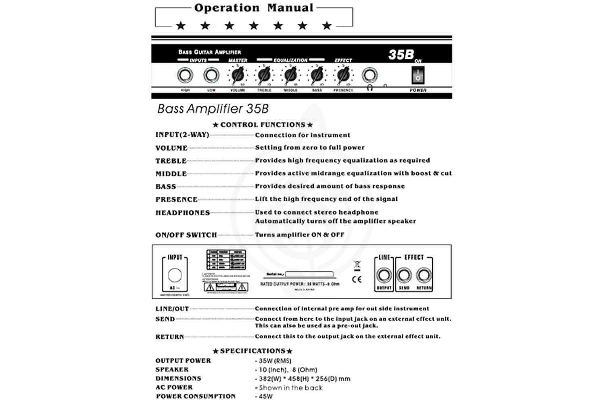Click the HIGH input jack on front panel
185,75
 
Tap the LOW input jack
211,75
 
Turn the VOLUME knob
238,75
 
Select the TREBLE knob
264,75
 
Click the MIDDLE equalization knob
290,75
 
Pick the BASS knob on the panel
317,75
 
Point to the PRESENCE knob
343,75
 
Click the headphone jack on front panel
369,75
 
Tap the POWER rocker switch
418,75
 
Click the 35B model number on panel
401,55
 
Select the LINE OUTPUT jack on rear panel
384,276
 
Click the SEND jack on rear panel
404,276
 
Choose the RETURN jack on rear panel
423,276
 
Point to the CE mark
357,279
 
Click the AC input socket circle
175,275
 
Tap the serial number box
309,274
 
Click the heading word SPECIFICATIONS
252,351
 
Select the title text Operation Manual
254,8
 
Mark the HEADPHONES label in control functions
183,213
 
